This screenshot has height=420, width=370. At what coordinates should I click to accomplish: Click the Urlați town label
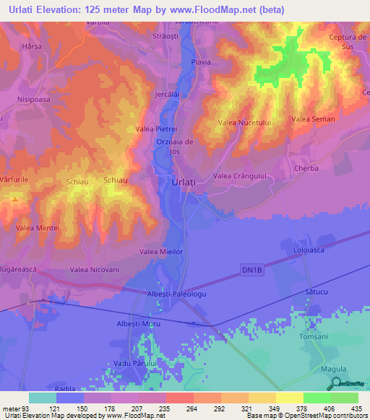(184, 183)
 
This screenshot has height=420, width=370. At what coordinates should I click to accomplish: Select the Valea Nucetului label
(244, 123)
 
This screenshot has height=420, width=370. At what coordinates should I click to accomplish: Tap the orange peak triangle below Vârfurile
(13, 197)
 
